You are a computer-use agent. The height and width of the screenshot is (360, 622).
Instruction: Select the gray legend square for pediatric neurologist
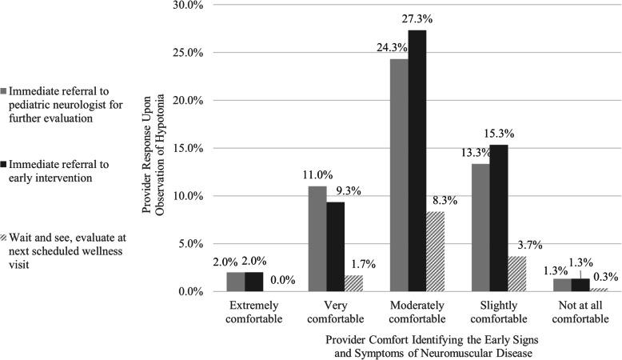[5, 90]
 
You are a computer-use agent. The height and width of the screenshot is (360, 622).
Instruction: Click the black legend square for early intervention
[5, 164]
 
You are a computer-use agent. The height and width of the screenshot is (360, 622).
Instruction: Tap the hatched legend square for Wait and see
[5, 238]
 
